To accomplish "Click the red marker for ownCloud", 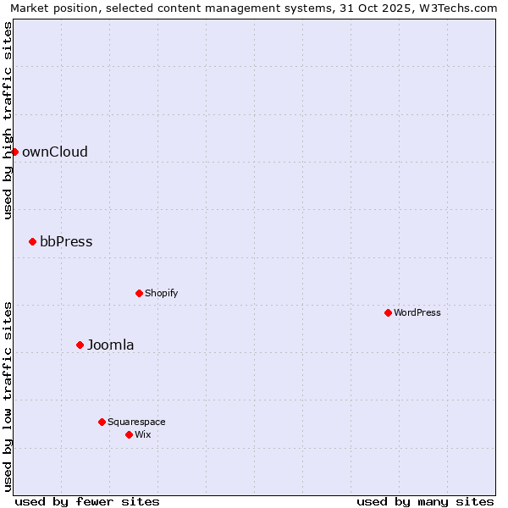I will [x=14, y=152].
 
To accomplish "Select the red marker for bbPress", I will [x=32, y=241].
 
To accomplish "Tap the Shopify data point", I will [x=139, y=293].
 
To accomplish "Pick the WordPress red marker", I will [x=388, y=312].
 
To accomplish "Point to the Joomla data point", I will [x=80, y=345].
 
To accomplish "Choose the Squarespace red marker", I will [x=102, y=422].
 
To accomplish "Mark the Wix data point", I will [x=129, y=434].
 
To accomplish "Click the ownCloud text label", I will [x=55, y=152].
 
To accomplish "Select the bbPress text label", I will [x=66, y=242].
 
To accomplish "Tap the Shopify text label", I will [x=161, y=294].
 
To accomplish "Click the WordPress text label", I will [x=417, y=313].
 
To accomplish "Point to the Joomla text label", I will [x=111, y=345].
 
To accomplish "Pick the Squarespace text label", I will [x=136, y=422].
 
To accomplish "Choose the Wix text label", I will [x=142, y=435].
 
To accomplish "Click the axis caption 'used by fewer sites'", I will [x=87, y=501].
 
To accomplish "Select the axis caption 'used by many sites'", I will [x=425, y=501].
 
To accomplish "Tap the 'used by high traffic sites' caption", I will [x=8, y=120].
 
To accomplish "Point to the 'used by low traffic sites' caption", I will [x=8, y=395].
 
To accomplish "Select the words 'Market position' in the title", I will [x=50, y=8].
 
